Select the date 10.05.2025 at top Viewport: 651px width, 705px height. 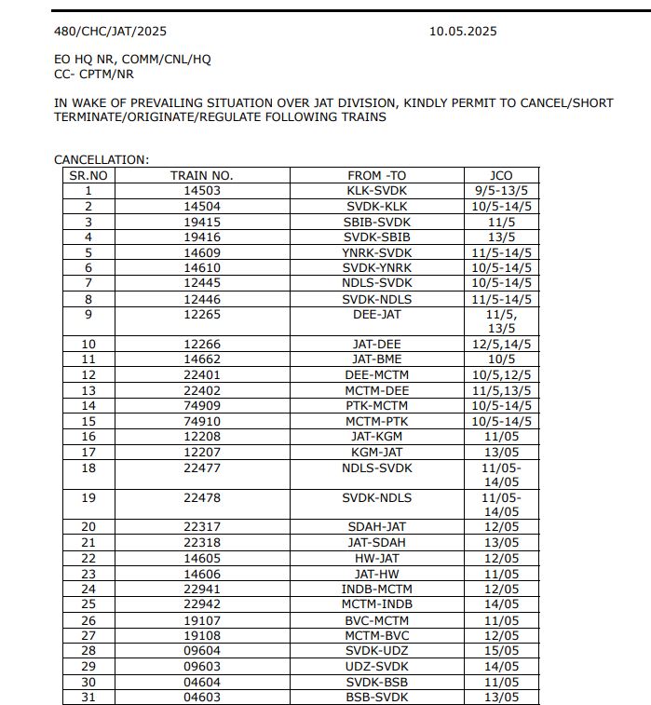[x=463, y=31]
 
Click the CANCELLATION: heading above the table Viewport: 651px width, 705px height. [x=102, y=160]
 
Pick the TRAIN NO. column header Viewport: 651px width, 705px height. [x=201, y=175]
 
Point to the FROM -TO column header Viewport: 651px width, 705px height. [x=377, y=175]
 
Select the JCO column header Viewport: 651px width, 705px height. [x=501, y=175]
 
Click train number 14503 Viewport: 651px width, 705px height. [x=201, y=190]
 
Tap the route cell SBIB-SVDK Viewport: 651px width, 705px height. [x=377, y=222]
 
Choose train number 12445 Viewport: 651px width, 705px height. [x=201, y=282]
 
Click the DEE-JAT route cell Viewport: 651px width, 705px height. [x=377, y=314]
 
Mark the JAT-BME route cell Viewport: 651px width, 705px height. [x=377, y=359]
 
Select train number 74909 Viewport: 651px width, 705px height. [x=201, y=405]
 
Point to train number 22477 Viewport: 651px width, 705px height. [x=201, y=468]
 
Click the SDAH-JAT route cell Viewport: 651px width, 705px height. [x=377, y=527]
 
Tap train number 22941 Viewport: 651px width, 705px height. [x=201, y=589]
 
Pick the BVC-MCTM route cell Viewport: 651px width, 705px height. [x=377, y=619]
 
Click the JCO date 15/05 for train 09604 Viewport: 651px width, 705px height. [x=501, y=650]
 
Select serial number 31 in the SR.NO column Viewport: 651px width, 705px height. [x=88, y=697]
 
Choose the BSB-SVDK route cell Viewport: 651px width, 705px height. [x=377, y=697]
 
